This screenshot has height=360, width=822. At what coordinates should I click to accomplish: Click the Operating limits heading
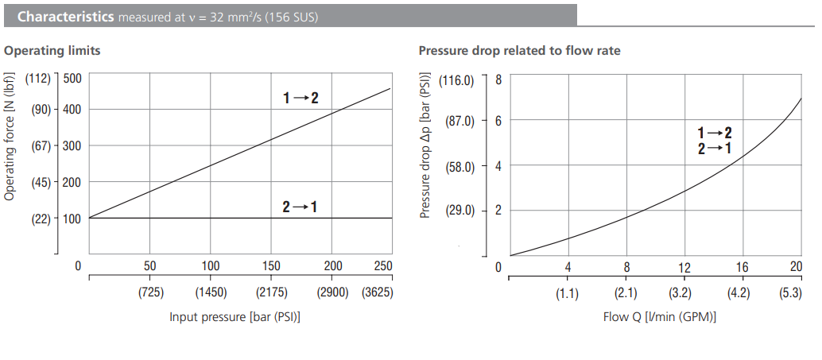tap(52, 51)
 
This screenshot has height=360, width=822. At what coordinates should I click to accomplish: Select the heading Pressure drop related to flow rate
tap(519, 51)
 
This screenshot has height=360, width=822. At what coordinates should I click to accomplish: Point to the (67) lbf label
tap(41, 146)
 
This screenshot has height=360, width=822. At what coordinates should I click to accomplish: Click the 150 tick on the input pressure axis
tap(271, 266)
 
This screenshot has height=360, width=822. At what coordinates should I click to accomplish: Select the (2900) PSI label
tap(332, 292)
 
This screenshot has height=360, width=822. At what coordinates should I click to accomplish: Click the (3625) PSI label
tap(377, 292)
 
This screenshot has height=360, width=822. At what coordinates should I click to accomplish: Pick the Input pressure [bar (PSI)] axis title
tap(235, 317)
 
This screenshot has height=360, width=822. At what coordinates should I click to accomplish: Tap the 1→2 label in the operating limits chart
tap(300, 98)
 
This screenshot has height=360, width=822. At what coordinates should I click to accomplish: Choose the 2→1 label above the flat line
tap(300, 207)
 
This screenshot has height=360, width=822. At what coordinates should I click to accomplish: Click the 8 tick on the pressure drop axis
tap(498, 79)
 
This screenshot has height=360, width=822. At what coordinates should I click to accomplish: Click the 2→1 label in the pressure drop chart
tap(714, 148)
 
